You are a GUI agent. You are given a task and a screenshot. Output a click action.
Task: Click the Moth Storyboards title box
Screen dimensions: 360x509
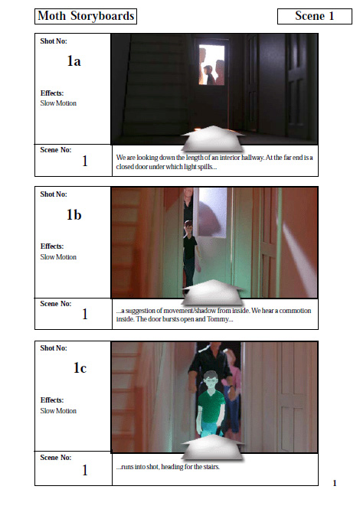(86, 16)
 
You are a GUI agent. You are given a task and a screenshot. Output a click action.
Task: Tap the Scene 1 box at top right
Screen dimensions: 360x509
(315, 16)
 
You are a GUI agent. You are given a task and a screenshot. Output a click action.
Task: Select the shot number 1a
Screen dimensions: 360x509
(74, 60)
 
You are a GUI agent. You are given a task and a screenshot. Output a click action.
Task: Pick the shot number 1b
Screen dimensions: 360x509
(74, 214)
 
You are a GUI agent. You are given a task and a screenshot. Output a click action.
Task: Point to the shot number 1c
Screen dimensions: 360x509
(80, 368)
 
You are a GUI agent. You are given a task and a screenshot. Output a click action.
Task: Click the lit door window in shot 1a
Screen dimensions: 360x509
(212, 65)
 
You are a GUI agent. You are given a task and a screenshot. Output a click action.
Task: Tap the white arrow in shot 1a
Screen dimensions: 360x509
(213, 139)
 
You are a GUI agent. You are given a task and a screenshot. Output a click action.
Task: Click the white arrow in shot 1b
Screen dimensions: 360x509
(213, 292)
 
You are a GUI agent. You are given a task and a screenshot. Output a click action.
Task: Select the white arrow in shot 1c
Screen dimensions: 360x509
(213, 447)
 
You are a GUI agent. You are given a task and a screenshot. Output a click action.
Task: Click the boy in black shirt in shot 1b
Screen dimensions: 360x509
(190, 255)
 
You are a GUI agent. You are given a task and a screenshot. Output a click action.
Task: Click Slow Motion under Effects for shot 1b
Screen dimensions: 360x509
(58, 256)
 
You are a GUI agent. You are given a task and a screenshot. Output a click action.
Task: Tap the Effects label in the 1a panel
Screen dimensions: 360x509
(52, 93)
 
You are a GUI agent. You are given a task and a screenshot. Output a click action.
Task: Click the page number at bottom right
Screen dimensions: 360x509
(335, 483)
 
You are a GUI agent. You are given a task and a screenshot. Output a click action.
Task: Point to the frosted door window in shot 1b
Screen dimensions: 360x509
(213, 213)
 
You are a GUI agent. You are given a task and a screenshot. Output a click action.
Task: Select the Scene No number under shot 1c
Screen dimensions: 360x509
(85, 470)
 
